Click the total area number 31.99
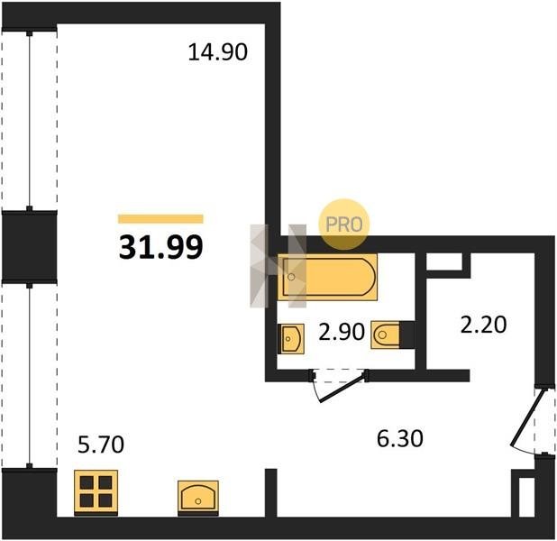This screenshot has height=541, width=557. [x=161, y=247]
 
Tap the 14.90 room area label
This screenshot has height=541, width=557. [x=217, y=52]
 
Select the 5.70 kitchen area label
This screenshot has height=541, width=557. [x=101, y=445]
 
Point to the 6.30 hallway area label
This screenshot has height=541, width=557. [x=400, y=438]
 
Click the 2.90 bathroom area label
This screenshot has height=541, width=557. [x=342, y=332]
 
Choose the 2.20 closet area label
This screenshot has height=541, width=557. [x=483, y=325]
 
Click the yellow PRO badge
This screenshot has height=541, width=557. [x=344, y=224]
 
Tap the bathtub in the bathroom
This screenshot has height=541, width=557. [x=327, y=277]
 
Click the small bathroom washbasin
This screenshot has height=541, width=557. [x=291, y=338]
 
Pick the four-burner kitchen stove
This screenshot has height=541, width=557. [x=96, y=492]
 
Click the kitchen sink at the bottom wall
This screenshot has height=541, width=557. [x=198, y=498]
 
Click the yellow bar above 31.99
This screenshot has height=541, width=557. [x=160, y=218]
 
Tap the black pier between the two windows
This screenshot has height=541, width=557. [x=30, y=246]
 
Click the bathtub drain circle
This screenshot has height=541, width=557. [x=291, y=277]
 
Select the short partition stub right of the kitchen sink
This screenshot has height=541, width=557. [x=271, y=493]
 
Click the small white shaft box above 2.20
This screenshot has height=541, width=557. [x=444, y=261]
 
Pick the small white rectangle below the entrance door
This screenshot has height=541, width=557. [x=526, y=497]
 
